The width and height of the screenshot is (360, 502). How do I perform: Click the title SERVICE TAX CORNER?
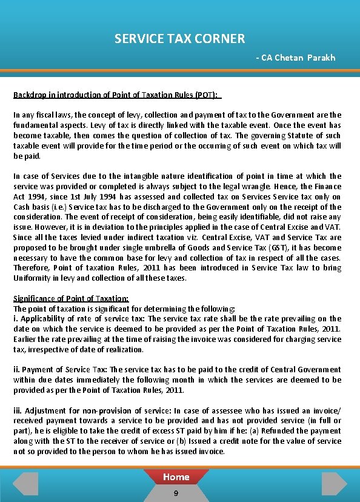point(179,39)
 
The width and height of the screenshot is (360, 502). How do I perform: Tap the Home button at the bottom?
point(176,477)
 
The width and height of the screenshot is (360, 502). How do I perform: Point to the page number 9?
point(176,494)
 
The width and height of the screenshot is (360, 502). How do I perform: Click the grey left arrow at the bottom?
point(26,483)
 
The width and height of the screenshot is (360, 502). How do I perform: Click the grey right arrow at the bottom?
point(333,483)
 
